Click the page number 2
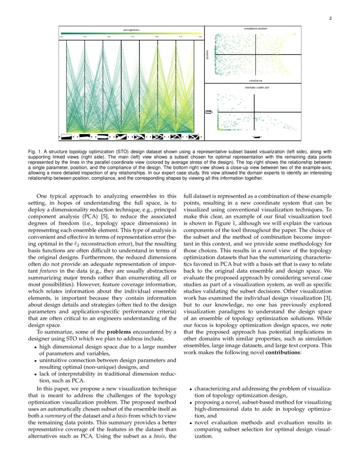(330, 19)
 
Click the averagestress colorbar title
(131, 30)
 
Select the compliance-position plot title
(255, 28)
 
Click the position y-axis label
(208, 55)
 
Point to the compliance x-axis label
(255, 80)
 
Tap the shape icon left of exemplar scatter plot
(208, 112)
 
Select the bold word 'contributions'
(282, 352)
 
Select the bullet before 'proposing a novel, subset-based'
(191, 402)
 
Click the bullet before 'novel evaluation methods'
(191, 422)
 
